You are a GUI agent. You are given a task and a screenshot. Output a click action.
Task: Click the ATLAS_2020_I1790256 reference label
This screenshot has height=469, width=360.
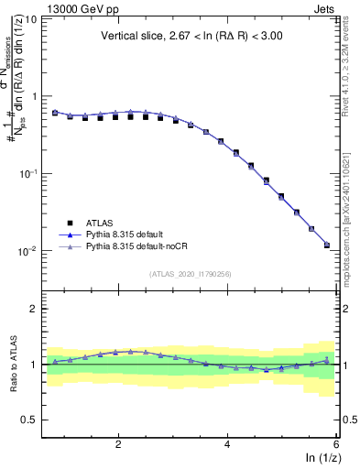point(191,274)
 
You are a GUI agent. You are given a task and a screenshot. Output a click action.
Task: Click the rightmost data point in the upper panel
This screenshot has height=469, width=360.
point(327,245)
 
